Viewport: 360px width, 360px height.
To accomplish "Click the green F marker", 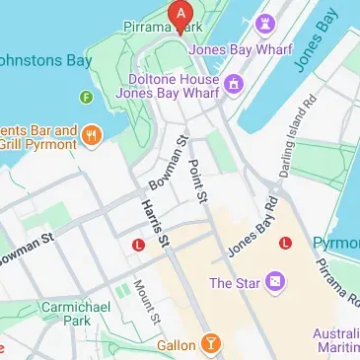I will [87, 97].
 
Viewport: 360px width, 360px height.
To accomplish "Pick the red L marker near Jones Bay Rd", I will [286, 243].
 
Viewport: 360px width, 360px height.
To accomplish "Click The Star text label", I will [234, 284].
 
